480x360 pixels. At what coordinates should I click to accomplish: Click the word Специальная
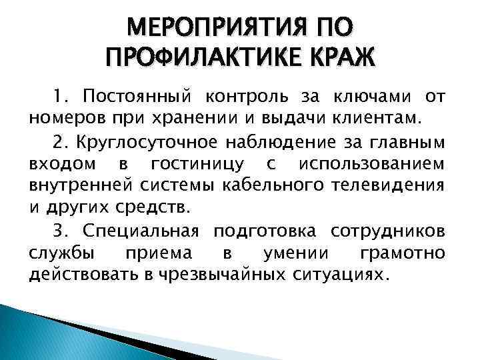[x=141, y=231]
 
